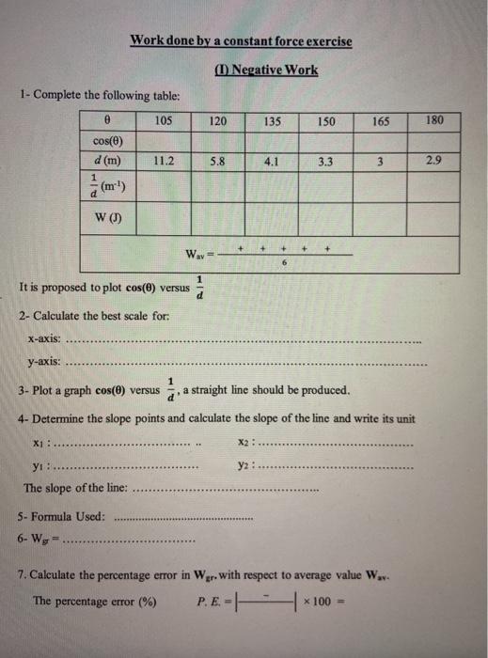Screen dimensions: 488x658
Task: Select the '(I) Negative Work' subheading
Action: (266, 70)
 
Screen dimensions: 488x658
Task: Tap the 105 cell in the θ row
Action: (163, 122)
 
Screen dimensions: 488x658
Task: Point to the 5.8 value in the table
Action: (217, 161)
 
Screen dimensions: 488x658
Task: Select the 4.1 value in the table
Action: (271, 161)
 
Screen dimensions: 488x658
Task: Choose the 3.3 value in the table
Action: (325, 161)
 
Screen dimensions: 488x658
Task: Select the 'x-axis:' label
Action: (46, 338)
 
